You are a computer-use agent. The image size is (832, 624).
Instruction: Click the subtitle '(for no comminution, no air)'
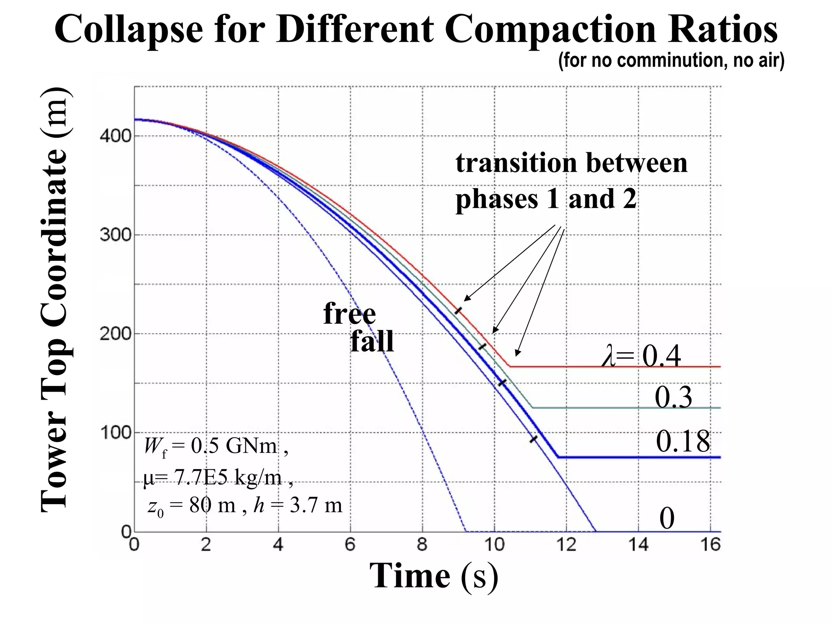click(x=671, y=61)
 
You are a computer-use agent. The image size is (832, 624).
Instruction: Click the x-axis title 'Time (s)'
click(x=433, y=576)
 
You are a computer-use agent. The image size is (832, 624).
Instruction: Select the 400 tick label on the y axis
click(x=116, y=135)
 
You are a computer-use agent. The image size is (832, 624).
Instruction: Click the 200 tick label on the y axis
click(x=116, y=334)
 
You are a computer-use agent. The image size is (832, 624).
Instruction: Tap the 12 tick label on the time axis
click(x=566, y=544)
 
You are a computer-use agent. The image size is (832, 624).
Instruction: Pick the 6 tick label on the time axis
click(x=350, y=544)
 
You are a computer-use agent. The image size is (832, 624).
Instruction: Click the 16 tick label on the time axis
click(x=711, y=544)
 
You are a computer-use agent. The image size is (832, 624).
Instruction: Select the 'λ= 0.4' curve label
click(x=641, y=356)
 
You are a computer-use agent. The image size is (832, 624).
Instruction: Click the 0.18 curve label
click(x=683, y=441)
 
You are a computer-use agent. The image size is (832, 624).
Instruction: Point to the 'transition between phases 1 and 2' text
click(x=572, y=180)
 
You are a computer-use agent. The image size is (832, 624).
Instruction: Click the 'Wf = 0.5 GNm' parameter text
click(x=216, y=446)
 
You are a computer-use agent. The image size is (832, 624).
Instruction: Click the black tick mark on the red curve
click(x=458, y=310)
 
